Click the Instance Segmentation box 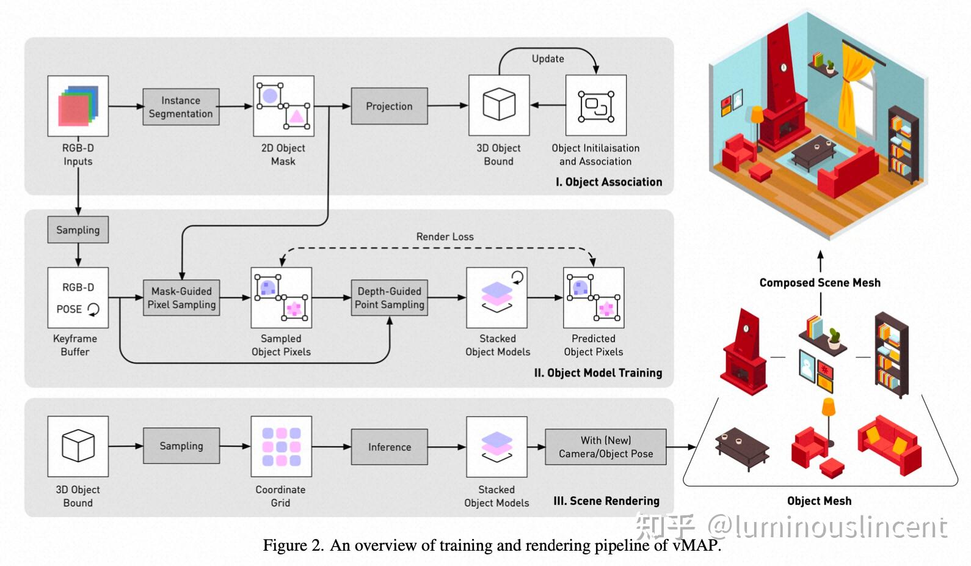point(181,107)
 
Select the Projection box point(389,106)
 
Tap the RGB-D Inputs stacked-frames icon point(78,106)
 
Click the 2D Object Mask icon point(283,106)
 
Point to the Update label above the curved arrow point(548,59)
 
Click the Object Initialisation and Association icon point(595,106)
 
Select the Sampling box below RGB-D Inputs point(78,230)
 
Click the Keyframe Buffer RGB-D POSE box point(78,298)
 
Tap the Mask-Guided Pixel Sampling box point(181,298)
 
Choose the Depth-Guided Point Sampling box point(389,298)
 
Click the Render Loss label point(445,237)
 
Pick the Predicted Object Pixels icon point(593,298)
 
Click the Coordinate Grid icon point(281,446)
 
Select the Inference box point(389,447)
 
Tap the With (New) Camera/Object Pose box point(605,447)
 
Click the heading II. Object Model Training point(598,373)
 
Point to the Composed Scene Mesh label point(820,282)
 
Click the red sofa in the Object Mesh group point(889,443)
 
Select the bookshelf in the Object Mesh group point(892,355)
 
